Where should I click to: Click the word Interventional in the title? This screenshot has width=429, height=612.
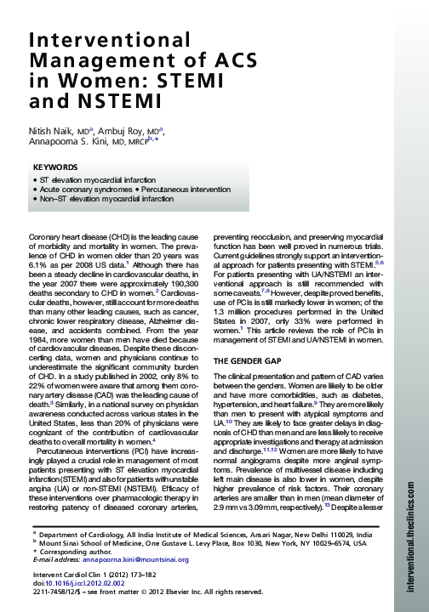click(x=101, y=42)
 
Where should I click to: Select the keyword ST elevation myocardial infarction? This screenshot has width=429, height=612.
click(x=97, y=181)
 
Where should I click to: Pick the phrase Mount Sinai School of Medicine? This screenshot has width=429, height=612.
click(x=98, y=546)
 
